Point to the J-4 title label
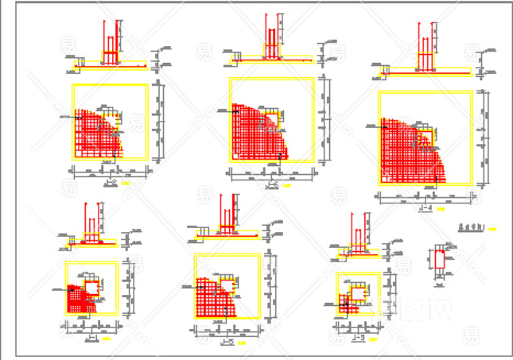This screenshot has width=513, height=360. [x=425, y=208]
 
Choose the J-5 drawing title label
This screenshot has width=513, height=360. [x=226, y=343]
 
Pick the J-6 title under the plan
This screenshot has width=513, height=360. [x=272, y=185]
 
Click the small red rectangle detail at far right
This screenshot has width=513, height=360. [x=439, y=260]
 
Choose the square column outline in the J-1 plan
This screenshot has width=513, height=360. [x=92, y=286]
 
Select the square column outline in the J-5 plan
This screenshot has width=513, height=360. [x=227, y=283]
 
